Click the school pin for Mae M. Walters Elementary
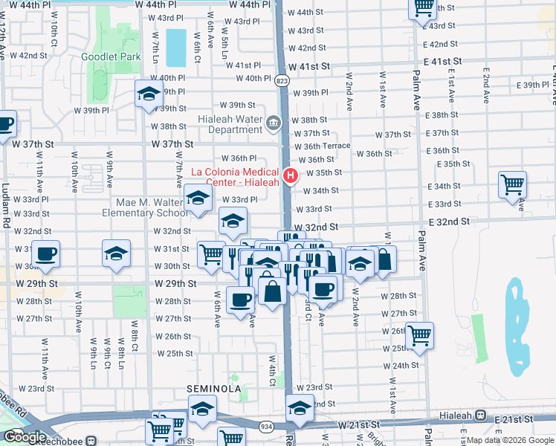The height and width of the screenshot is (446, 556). coord(198,198)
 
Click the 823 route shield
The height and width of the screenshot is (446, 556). coord(282,80)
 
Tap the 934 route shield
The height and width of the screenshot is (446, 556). coord(266,427)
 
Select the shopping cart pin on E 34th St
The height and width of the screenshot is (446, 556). coord(513,184)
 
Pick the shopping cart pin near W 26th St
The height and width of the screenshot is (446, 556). coord(419,335)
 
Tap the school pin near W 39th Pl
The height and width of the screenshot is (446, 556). coord(149,94)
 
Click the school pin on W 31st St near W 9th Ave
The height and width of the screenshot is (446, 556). coord(116,253)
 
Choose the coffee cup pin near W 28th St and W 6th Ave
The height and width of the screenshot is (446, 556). coord(240,301)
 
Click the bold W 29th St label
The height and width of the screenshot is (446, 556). coord(176,284)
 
